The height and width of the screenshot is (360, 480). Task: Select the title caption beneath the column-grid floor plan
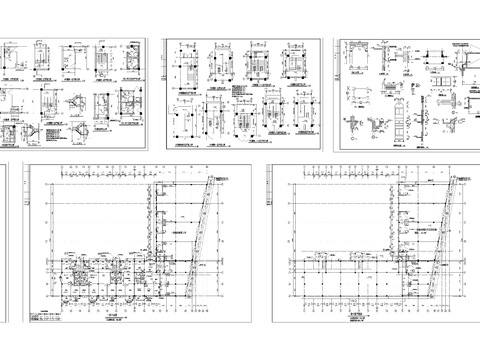(x=357, y=312)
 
